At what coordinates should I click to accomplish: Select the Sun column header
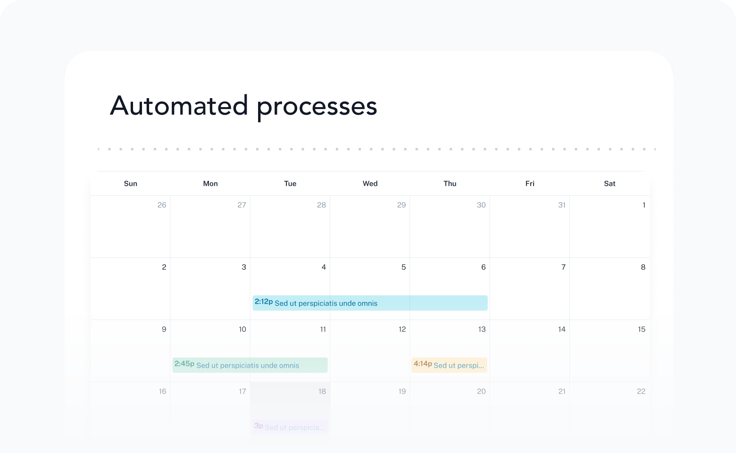pyautogui.click(x=130, y=184)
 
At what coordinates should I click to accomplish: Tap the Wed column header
pyautogui.click(x=370, y=184)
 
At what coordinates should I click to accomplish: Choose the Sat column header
pyautogui.click(x=610, y=184)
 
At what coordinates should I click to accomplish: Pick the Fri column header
pyautogui.click(x=530, y=184)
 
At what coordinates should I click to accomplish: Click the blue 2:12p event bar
pyautogui.click(x=370, y=303)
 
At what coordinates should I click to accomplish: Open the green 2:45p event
pyautogui.click(x=250, y=365)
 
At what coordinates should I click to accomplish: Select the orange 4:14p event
pyautogui.click(x=449, y=365)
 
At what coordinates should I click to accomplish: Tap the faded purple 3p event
pyautogui.click(x=290, y=427)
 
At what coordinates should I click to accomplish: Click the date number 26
pyautogui.click(x=162, y=205)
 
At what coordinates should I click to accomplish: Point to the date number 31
pyautogui.click(x=561, y=205)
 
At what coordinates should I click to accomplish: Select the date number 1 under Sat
pyautogui.click(x=644, y=205)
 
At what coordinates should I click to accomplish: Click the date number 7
pyautogui.click(x=563, y=267)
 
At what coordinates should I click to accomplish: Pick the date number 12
pyautogui.click(x=402, y=329)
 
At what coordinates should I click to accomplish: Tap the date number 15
pyautogui.click(x=641, y=329)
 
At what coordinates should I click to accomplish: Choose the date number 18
pyautogui.click(x=322, y=391)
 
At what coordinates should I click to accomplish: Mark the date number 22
pyautogui.click(x=641, y=391)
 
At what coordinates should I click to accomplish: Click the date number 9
pyautogui.click(x=164, y=329)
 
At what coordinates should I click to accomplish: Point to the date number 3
pyautogui.click(x=243, y=267)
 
